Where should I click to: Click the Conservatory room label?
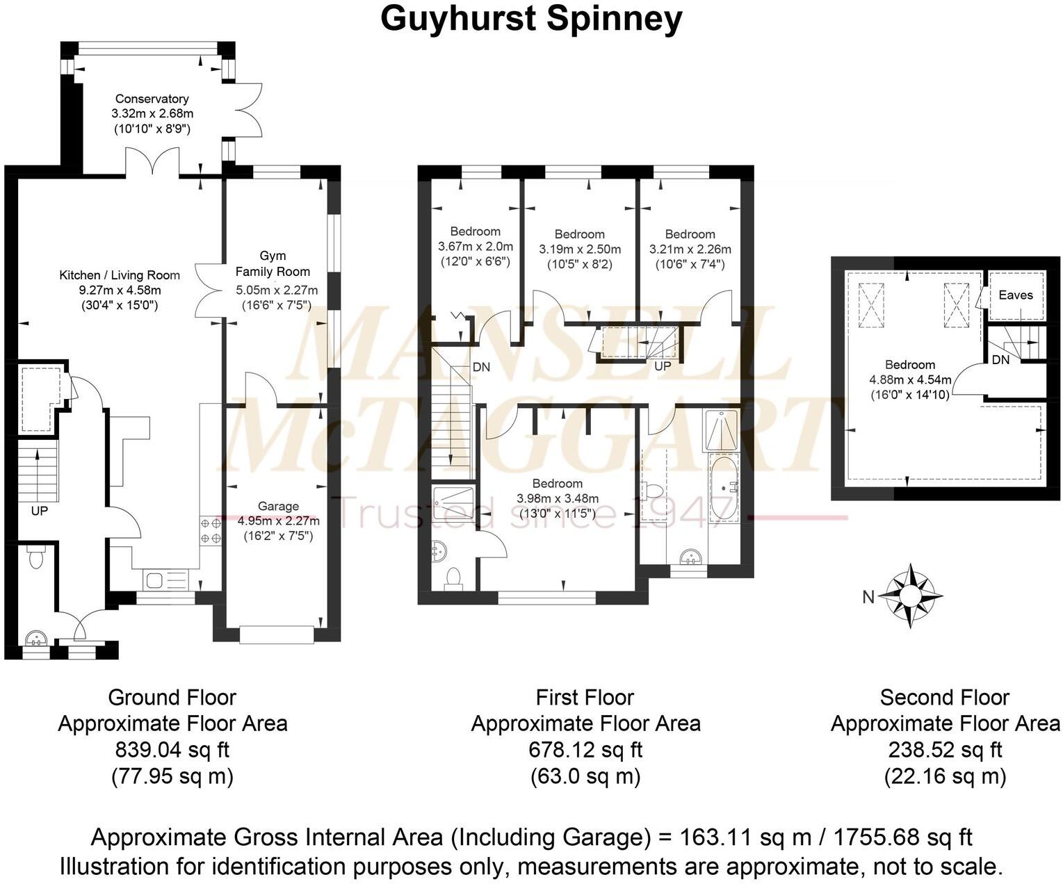point(152,99)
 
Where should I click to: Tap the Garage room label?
point(278,507)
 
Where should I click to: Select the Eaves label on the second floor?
point(1016,295)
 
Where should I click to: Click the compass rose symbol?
point(910,596)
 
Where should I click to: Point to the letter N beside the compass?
point(868,597)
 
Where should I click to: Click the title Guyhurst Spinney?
point(531,19)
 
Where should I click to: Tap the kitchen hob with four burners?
point(211,530)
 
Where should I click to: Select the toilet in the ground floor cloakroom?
point(35,557)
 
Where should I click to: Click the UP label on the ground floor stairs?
point(40,511)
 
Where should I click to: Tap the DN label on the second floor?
point(1000,360)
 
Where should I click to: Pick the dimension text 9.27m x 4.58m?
point(120,290)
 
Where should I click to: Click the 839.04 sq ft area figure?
point(172,750)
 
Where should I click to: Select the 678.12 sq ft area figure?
point(585,750)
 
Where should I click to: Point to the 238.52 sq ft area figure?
point(945,750)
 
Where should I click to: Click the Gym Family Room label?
point(273,263)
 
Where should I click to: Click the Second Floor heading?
point(944,697)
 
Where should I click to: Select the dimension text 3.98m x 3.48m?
point(558,498)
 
